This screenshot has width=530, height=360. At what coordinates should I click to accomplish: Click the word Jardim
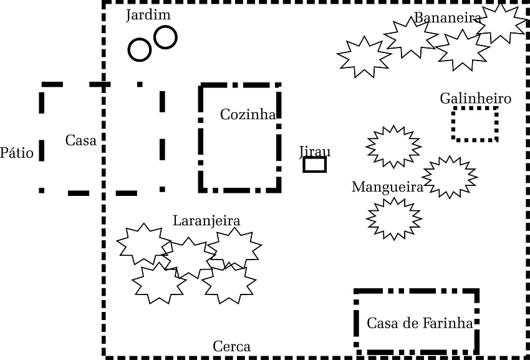click(x=148, y=15)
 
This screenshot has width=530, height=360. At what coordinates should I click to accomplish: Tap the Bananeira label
click(x=448, y=18)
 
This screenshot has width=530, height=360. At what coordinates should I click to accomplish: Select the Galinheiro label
click(x=475, y=99)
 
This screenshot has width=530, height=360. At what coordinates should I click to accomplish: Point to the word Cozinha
click(x=248, y=114)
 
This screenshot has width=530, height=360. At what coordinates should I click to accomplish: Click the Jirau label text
click(x=315, y=152)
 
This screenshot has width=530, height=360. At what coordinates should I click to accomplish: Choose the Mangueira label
click(x=387, y=187)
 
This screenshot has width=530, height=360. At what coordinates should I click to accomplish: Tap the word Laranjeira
click(x=206, y=221)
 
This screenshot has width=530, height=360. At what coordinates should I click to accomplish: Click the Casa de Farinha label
click(x=420, y=323)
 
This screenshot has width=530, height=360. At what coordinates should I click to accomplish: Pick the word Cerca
click(x=232, y=346)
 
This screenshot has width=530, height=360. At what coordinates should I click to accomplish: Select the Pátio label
click(x=17, y=153)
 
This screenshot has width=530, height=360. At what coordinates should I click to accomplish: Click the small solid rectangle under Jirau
click(x=315, y=165)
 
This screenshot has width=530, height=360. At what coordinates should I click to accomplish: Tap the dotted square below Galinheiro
click(x=475, y=124)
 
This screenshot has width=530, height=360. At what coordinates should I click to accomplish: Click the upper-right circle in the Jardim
click(x=165, y=37)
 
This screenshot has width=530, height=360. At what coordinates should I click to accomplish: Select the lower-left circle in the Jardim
click(x=139, y=50)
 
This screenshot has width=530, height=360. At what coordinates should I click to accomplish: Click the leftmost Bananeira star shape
click(x=364, y=57)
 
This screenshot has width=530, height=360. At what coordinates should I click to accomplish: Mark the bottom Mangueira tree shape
click(x=394, y=219)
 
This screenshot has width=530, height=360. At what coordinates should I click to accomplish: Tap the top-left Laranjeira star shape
click(x=144, y=243)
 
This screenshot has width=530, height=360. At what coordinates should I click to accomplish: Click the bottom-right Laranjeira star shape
click(x=229, y=283)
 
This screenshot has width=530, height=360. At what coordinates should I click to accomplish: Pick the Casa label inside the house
click(x=81, y=140)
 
